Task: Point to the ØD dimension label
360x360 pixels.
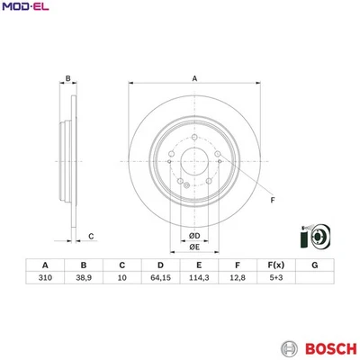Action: click(x=194, y=236)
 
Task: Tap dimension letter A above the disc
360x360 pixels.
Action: click(x=194, y=79)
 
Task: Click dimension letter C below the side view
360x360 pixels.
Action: click(x=91, y=237)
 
